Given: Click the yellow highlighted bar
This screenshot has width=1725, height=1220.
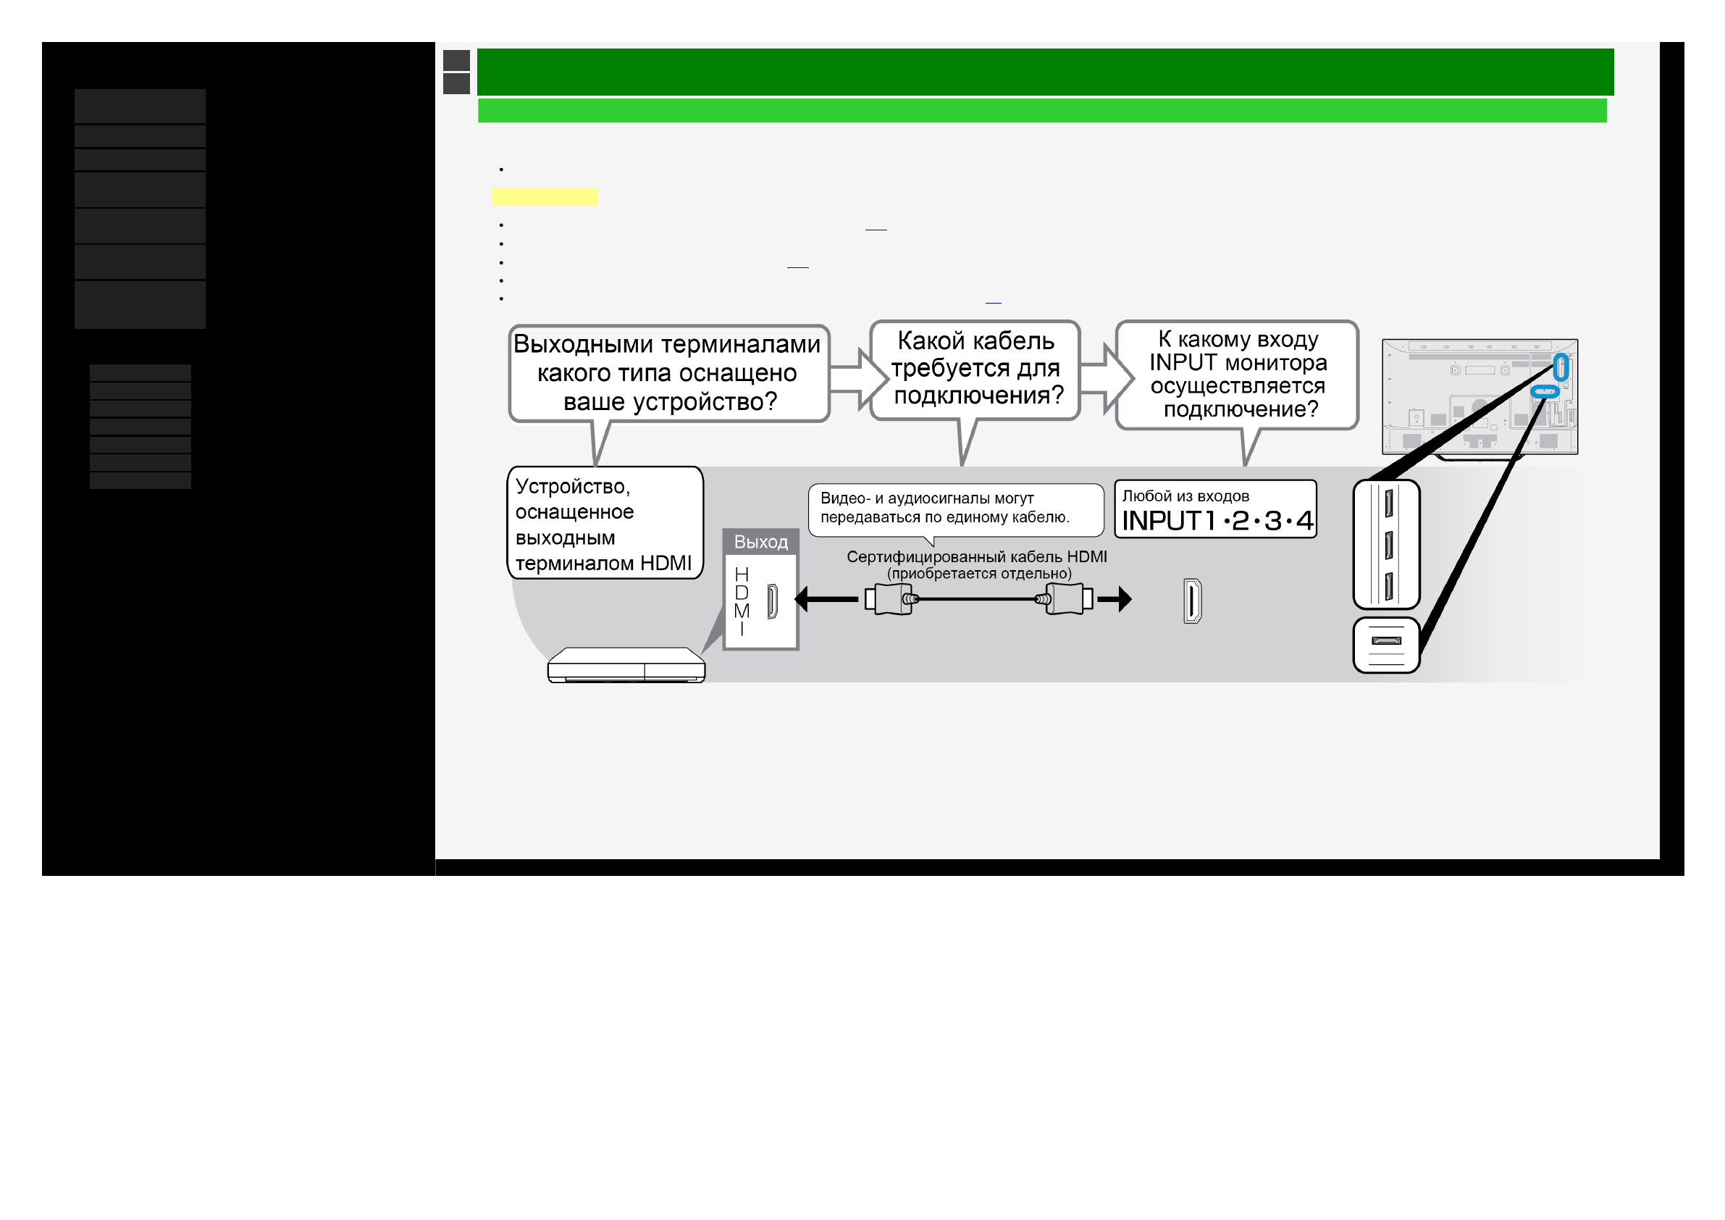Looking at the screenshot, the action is [544, 196].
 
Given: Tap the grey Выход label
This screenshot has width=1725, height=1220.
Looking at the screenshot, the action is [760, 541].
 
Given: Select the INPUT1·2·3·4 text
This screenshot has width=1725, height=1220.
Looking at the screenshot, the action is [1217, 520].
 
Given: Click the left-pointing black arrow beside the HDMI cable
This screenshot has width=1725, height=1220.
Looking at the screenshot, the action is [824, 599].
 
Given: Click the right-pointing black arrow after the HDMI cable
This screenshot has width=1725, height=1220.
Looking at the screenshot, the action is [1115, 599].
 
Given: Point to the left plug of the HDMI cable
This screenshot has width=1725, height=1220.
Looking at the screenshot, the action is [890, 599].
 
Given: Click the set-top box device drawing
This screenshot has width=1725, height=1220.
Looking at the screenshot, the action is [626, 664].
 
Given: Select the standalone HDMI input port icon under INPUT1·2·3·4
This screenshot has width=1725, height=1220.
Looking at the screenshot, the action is [1192, 601].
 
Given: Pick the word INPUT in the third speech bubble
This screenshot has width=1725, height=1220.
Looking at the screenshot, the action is [1183, 362].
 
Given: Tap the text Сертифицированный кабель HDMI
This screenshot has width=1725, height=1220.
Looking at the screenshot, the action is [976, 556].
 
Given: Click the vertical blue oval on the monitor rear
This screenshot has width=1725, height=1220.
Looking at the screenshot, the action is [1561, 367].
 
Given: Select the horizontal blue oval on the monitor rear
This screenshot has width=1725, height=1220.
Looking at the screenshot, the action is [1545, 391].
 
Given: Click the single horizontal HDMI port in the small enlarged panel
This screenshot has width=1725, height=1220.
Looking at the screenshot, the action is [1386, 640].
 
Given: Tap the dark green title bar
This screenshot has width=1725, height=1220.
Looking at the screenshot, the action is [1045, 72].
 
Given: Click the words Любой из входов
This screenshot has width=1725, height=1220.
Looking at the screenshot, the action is [1185, 496].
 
